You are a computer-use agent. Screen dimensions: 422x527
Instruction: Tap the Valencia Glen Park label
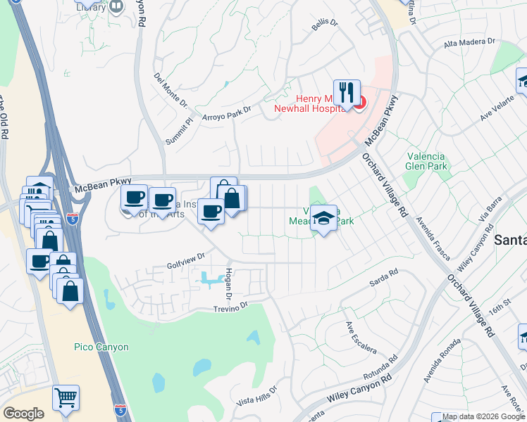click(427, 161)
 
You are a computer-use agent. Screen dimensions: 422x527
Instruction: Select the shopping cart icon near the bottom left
click(66, 397)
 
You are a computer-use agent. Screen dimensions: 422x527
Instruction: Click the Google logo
click(23, 414)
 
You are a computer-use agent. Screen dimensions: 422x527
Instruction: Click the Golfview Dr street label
click(185, 261)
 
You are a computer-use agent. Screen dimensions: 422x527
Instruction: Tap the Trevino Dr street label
click(232, 307)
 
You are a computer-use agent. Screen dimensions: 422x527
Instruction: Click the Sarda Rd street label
click(384, 278)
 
